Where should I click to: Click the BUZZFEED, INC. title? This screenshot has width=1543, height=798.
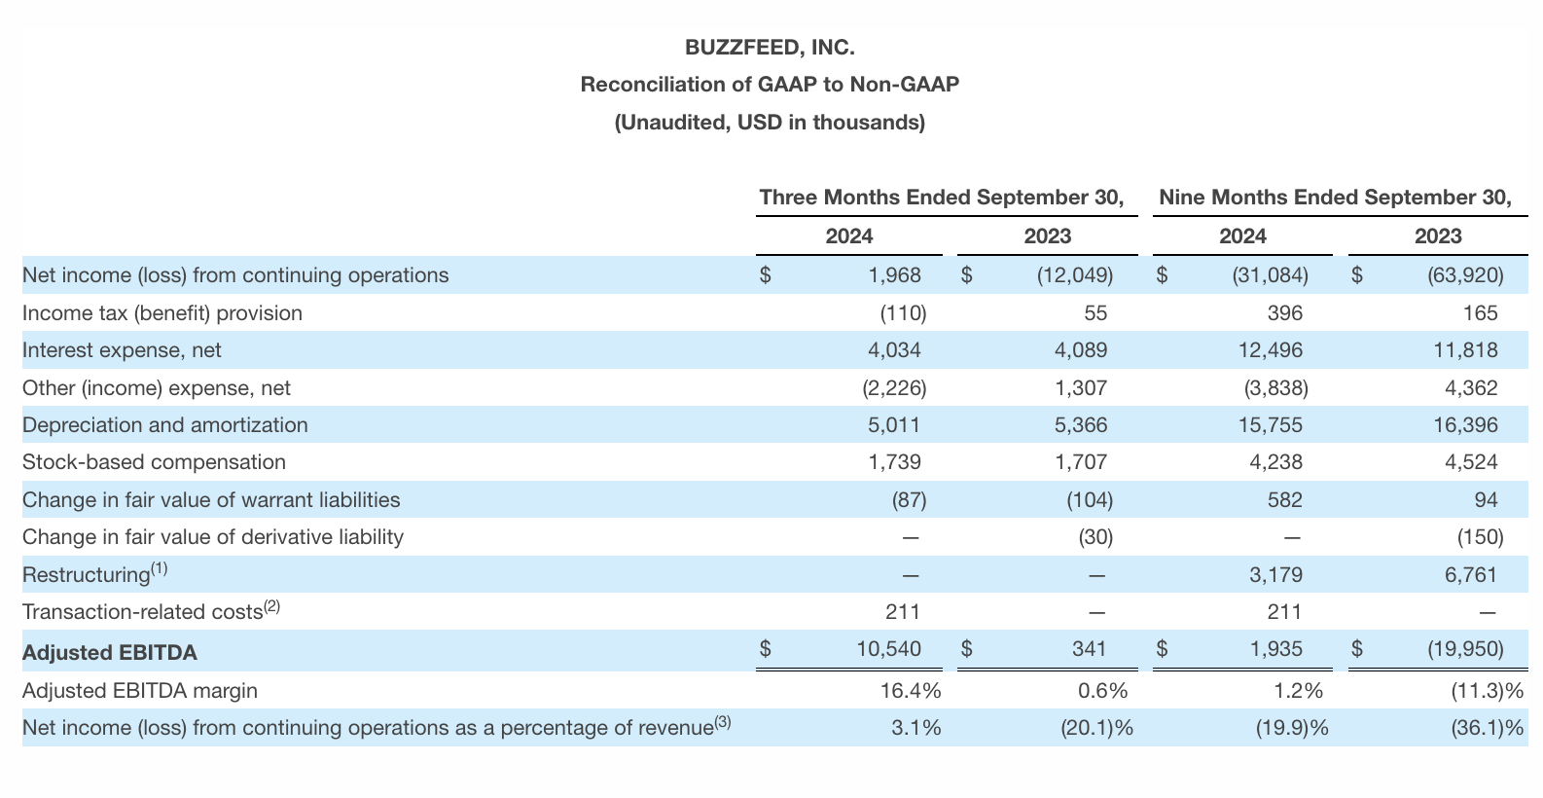pos(770,48)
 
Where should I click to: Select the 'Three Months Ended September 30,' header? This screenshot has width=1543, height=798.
pos(942,198)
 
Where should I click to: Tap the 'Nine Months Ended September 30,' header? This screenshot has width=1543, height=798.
pos(1335,198)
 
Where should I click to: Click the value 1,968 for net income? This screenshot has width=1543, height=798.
pos(894,275)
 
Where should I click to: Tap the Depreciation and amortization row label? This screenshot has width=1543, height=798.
pos(164,425)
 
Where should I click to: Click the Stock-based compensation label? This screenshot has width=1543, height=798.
pos(154,462)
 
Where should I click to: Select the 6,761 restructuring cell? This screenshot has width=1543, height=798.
pos(1471,575)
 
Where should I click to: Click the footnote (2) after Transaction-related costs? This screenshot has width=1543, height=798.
pos(271,606)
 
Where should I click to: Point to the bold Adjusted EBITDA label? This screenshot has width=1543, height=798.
pos(109,653)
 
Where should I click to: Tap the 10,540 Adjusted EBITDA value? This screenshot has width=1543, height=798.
pos(888,649)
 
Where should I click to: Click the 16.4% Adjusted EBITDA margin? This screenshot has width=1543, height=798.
pos(910,692)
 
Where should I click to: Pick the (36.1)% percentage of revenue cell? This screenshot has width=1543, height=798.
pos(1487,729)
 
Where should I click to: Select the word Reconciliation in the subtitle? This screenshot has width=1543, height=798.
pos(650,85)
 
